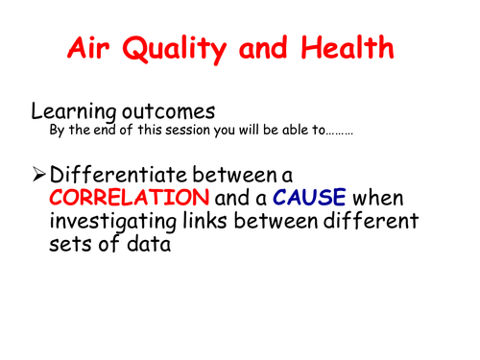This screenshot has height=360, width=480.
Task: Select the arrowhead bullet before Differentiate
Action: (38, 176)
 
